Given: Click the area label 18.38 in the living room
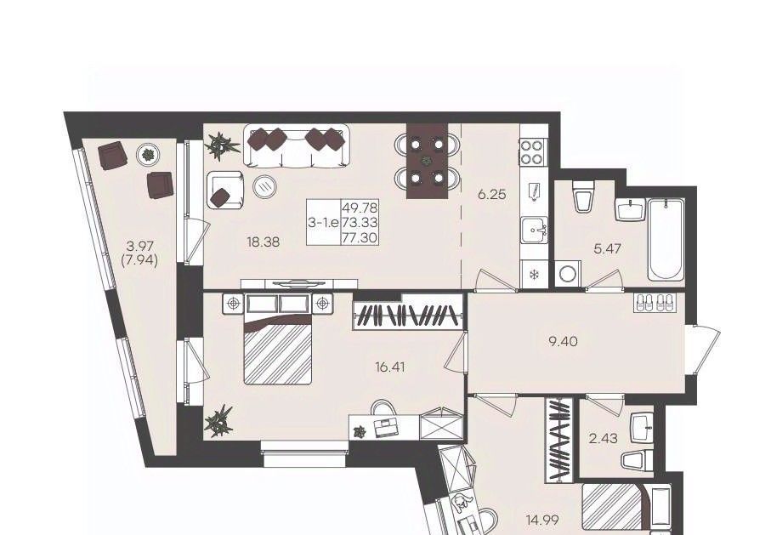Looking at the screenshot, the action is pyautogui.click(x=264, y=242).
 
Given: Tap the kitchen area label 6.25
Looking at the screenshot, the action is pyautogui.click(x=491, y=195).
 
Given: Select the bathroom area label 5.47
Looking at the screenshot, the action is pyautogui.click(x=607, y=248).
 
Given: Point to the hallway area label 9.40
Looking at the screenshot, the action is pyautogui.click(x=564, y=340).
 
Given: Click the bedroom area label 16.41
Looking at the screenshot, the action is pyautogui.click(x=390, y=367).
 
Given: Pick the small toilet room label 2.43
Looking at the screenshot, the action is pyautogui.click(x=604, y=438).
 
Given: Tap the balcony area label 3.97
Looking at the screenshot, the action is pyautogui.click(x=139, y=245).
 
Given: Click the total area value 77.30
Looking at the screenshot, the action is pyautogui.click(x=360, y=238).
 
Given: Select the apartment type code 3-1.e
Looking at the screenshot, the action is pyautogui.click(x=323, y=223).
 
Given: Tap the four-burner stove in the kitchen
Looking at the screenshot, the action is pyautogui.click(x=532, y=152).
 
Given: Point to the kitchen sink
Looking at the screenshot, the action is pyautogui.click(x=535, y=230).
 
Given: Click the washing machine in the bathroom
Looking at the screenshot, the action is pyautogui.click(x=569, y=273).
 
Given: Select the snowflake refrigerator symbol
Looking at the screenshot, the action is pyautogui.click(x=532, y=275).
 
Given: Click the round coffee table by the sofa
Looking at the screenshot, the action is pyautogui.click(x=265, y=185).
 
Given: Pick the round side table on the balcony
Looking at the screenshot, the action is pyautogui.click(x=148, y=155).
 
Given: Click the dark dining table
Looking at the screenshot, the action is pyautogui.click(x=427, y=161).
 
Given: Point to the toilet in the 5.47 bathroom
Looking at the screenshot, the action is pyautogui.click(x=584, y=196).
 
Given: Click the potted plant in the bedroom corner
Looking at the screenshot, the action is pyautogui.click(x=218, y=421).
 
